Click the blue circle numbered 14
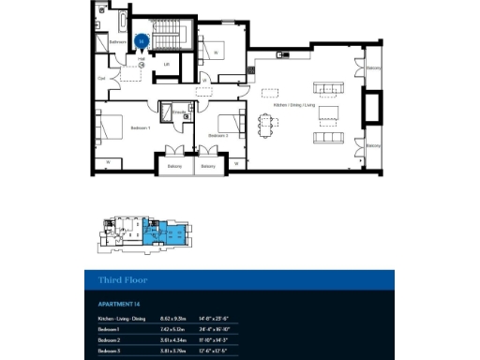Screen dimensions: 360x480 pyautogui.click(x=141, y=40)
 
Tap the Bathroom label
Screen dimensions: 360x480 pyautogui.click(x=118, y=42)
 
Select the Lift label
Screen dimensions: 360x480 pyautogui.click(x=166, y=64)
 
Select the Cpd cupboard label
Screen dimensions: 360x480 pyautogui.click(x=101, y=80)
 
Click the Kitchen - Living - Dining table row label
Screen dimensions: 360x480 pyautogui.click(x=122, y=320)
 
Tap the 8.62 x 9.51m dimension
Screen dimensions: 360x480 pyautogui.click(x=174, y=320)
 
